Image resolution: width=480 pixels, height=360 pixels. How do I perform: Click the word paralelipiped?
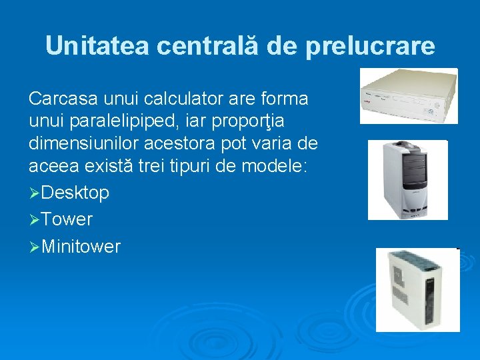tap(124, 121)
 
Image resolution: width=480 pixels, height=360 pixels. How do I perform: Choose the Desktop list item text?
tap(75, 193)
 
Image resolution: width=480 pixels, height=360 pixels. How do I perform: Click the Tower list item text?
tap(67, 219)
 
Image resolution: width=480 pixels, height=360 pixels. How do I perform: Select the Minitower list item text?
tap(81, 247)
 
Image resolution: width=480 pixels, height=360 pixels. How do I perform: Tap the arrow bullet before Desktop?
tap(34, 193)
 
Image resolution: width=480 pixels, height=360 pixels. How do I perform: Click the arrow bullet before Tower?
tap(34, 219)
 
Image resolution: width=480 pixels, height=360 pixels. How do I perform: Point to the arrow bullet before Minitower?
tap(34, 247)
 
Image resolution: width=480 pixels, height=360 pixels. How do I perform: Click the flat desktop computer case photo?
tap(408, 96)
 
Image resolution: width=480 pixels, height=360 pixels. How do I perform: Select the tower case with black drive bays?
tap(407, 180)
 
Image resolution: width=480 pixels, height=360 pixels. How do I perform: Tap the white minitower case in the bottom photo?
tap(417, 289)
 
